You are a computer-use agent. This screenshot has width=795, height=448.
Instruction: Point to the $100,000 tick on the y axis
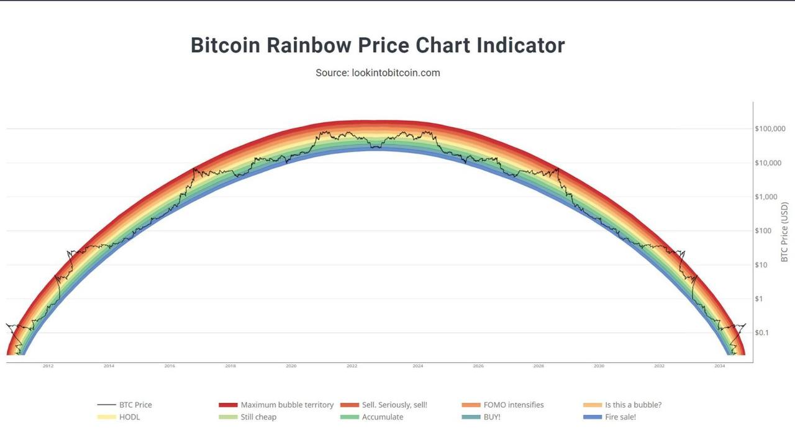pos(770,129)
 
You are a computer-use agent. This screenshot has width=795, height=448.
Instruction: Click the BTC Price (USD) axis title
pos(784,231)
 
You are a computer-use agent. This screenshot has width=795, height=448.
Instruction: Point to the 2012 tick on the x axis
pos(48,366)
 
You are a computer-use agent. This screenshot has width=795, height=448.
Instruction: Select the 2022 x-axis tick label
pos(352,366)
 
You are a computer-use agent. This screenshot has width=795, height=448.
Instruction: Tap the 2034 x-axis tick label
pos(719,366)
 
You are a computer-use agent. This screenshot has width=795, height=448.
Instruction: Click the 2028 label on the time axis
pos(538,366)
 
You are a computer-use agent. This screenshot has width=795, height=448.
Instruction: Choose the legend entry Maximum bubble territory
pos(287,405)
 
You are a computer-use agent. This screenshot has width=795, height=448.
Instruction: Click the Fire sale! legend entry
pos(620,417)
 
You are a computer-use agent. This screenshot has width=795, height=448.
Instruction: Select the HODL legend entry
pos(129,417)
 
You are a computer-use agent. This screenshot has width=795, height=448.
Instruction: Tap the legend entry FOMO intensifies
pos(513,405)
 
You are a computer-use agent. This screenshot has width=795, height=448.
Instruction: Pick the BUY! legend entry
pos(491,417)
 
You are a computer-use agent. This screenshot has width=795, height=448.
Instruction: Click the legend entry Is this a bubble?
pos(633,405)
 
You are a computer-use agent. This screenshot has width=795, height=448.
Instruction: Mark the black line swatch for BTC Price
pos(106,405)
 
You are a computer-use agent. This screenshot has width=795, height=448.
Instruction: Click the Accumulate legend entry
pos(382,417)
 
